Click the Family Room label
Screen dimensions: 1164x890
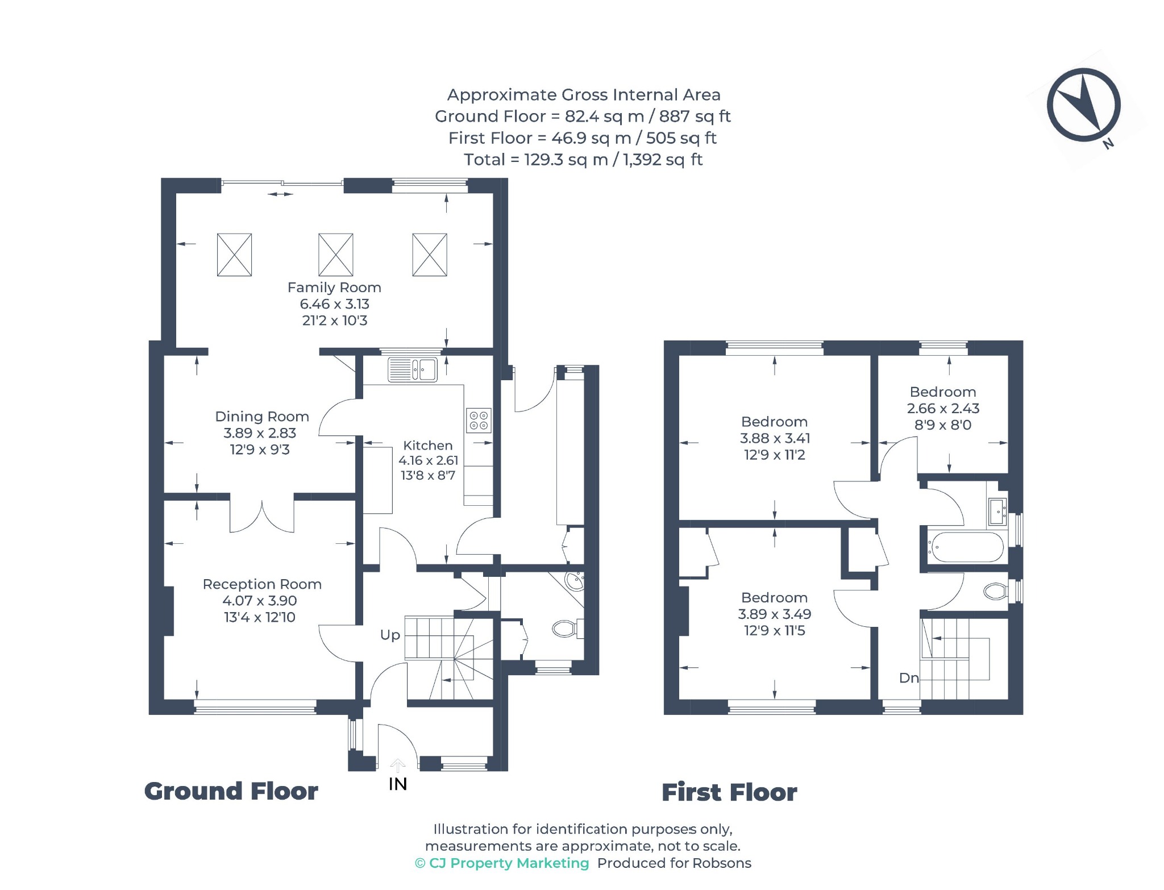(x=334, y=288)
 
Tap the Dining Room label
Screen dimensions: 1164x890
(x=262, y=417)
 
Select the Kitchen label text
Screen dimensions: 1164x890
(x=428, y=446)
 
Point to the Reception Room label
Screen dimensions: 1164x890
(x=262, y=584)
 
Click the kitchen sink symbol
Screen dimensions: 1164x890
(x=413, y=369)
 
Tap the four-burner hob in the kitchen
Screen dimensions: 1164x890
(x=479, y=421)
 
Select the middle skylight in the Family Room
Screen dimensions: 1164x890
(x=336, y=255)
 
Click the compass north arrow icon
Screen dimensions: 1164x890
(x=1084, y=105)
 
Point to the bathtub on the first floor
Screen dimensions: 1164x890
(x=966, y=547)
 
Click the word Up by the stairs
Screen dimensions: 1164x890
(x=390, y=635)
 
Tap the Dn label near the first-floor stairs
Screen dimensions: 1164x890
(x=909, y=678)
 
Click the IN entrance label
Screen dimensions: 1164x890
(x=398, y=784)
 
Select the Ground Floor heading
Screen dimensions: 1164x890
(x=231, y=792)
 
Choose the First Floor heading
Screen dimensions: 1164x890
(x=729, y=793)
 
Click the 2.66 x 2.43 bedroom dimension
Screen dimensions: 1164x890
(x=943, y=409)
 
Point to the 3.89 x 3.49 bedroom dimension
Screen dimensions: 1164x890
(x=775, y=614)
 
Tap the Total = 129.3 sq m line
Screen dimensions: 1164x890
(x=583, y=160)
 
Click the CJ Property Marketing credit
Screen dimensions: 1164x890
(x=502, y=863)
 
